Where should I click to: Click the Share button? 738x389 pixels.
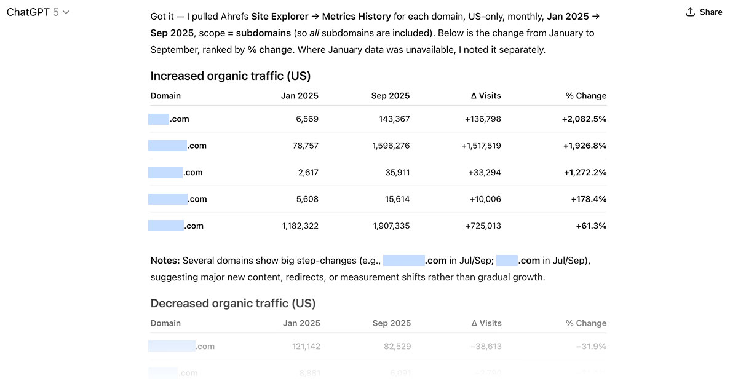[x=704, y=12]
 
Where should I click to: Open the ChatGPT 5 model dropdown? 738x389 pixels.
[x=38, y=12]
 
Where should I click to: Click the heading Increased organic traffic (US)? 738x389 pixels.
[x=230, y=76]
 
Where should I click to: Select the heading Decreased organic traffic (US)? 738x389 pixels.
[x=232, y=304]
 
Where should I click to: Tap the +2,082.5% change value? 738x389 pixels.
[x=584, y=119]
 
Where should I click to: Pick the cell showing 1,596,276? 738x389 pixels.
[x=391, y=146]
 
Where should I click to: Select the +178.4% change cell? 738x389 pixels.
[x=589, y=199]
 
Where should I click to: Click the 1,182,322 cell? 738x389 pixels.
[x=300, y=226]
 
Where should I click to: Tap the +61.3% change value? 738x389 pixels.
[x=591, y=226]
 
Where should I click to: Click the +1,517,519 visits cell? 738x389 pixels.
[x=481, y=146]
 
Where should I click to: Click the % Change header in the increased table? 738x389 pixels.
[x=585, y=96]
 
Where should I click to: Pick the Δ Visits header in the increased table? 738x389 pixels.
[x=486, y=96]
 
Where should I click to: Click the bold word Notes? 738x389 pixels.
[x=165, y=261]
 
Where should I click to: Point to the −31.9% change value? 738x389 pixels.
[x=591, y=347]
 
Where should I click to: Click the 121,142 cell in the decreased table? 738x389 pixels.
[x=306, y=347]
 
